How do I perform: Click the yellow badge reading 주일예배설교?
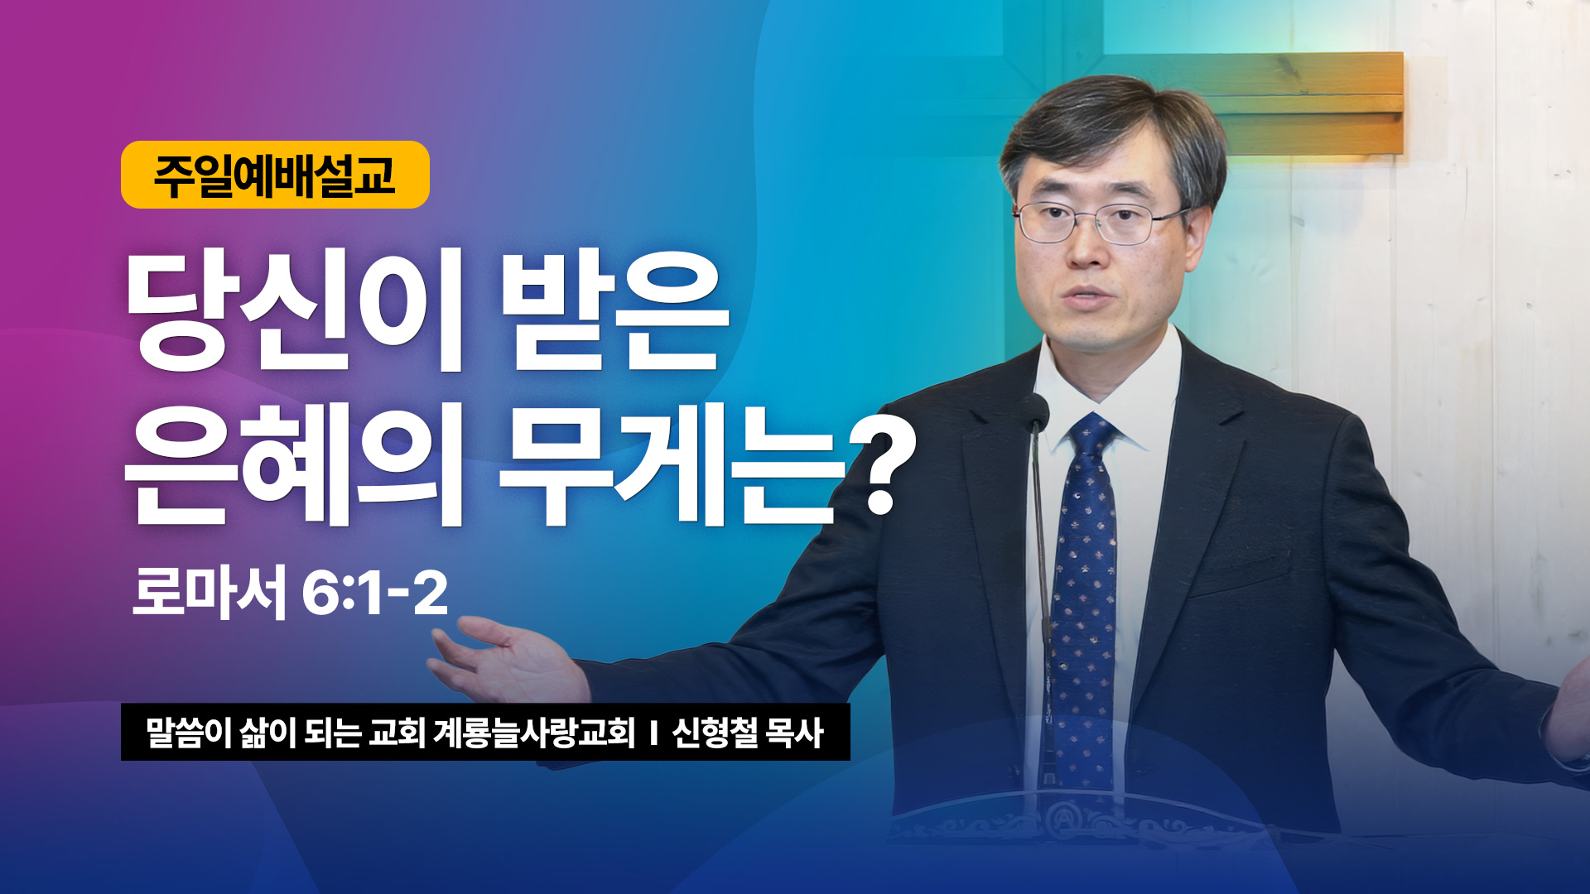coord(275,175)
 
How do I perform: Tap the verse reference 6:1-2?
coord(375,593)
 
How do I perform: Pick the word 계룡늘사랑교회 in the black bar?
coord(534,733)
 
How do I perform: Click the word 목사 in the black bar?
coord(795,733)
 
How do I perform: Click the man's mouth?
coord(1089,296)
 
